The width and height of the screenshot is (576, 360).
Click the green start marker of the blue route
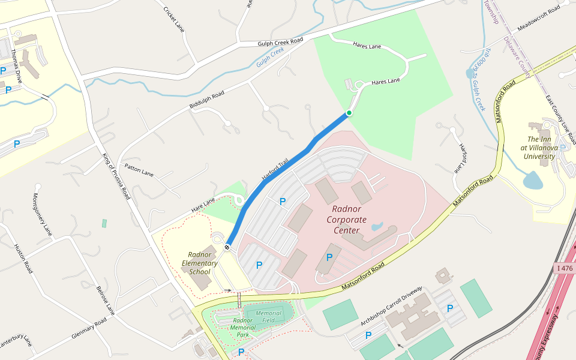349,113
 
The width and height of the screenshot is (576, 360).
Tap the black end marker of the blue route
227,247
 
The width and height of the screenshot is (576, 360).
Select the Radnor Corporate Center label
346,220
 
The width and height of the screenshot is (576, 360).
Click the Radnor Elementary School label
200,262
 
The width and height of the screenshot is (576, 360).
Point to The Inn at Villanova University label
539,148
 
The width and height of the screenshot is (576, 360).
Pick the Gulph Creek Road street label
280,41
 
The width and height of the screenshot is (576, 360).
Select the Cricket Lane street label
174,19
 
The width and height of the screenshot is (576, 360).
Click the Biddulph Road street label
207,101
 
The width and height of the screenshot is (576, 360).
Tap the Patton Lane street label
139,169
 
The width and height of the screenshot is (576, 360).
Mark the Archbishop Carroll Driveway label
391,307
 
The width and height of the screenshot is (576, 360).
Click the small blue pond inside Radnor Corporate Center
377,227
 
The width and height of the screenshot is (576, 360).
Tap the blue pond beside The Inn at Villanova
532,179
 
